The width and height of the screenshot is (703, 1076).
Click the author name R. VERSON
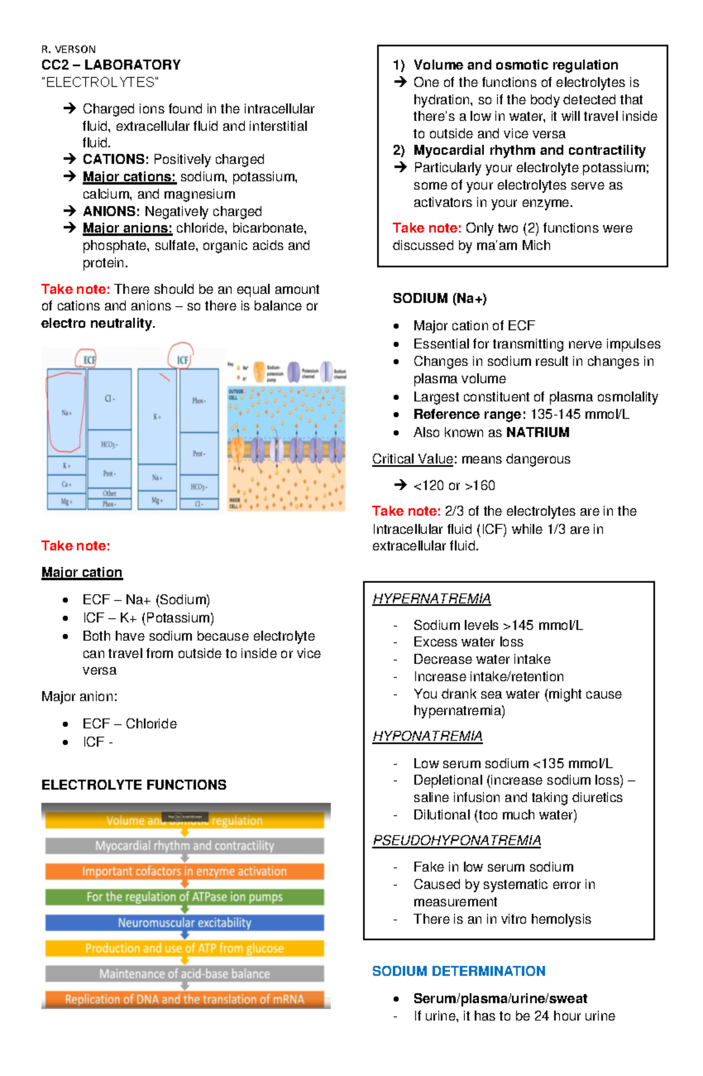69,49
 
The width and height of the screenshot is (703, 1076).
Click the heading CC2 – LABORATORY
111,65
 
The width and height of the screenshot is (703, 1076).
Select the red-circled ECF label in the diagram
88,359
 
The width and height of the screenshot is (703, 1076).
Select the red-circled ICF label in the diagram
182,359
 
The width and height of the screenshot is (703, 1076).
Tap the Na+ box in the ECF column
66,413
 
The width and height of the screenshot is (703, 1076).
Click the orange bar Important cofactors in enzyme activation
185,871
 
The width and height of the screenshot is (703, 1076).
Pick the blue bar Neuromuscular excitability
185,922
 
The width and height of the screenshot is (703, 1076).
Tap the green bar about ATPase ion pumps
185,897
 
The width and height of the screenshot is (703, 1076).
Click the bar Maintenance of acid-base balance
185,974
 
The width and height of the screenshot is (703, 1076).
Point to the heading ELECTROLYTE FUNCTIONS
134,785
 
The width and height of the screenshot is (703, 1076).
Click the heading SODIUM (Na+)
439,298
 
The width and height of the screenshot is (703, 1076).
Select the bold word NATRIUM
538,433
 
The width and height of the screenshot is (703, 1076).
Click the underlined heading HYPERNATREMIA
432,599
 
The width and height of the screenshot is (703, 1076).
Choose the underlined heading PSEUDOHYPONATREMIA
456,841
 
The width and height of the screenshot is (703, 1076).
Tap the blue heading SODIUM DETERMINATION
459,971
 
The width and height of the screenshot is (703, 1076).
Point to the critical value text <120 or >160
454,486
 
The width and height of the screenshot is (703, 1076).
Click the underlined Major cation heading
82,572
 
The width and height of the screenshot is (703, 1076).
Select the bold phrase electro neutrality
97,323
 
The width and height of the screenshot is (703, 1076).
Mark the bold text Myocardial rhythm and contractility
530,151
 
